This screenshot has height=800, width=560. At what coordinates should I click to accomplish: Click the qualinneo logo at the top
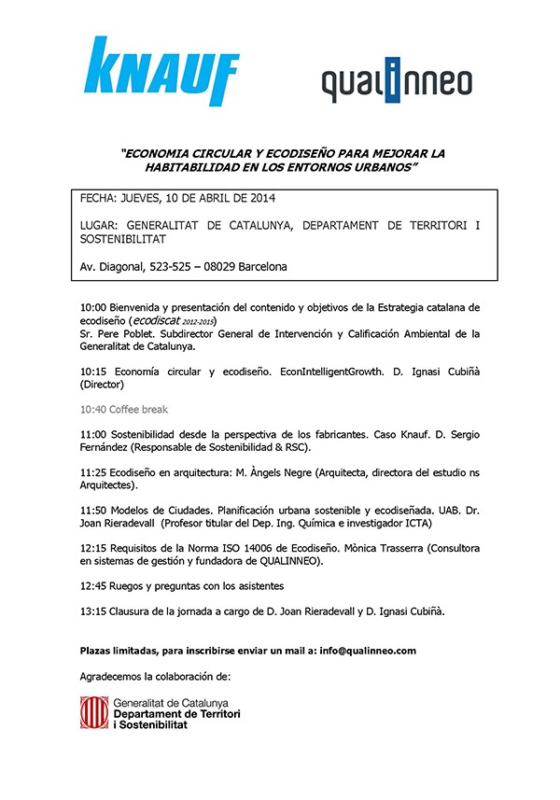coord(397,85)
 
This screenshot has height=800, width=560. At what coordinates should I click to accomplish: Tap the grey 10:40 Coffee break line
coord(124,410)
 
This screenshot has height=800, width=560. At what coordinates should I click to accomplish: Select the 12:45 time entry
coord(94,586)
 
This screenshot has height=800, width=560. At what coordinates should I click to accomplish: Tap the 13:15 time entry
coord(94,612)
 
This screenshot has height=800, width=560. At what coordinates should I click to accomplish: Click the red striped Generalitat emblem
coord(93,713)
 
